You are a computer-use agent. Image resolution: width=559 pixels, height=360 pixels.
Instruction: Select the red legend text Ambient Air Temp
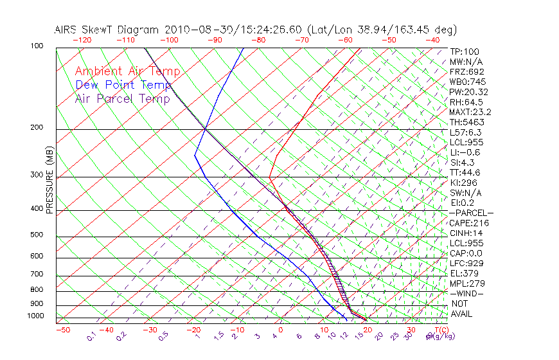point(127,71)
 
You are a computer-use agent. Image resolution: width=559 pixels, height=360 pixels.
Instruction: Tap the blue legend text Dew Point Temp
point(123,85)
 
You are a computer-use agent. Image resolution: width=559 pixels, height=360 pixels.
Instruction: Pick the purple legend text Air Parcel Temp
point(122,98)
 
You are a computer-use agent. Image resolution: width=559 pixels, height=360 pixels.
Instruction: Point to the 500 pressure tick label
point(37,235)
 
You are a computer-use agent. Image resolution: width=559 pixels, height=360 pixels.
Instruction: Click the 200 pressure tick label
point(37,128)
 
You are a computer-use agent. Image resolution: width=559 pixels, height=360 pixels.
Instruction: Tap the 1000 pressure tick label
point(35,316)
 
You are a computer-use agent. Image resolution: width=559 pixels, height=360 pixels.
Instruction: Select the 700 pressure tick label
point(37,274)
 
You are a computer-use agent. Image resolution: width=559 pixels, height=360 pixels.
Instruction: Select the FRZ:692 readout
point(466,71)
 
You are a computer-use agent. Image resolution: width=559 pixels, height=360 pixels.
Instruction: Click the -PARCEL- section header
point(471,213)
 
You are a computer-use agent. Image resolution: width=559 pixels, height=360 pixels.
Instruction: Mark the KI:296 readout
point(464,183)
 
